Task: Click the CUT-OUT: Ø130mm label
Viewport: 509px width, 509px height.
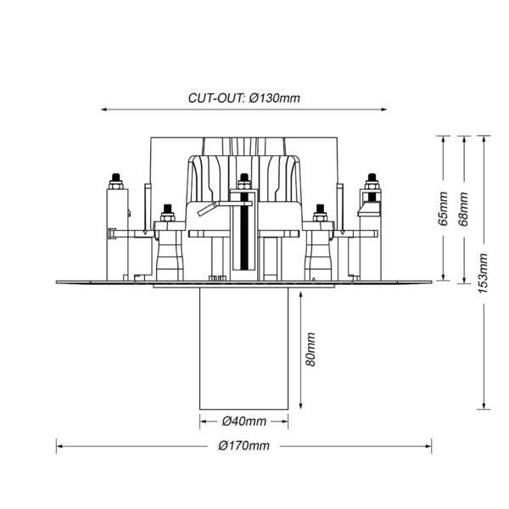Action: (x=244, y=98)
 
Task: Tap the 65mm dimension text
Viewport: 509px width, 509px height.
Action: (x=443, y=209)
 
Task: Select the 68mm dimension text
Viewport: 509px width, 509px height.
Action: (x=463, y=209)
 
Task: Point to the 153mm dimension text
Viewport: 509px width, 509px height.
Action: (x=483, y=273)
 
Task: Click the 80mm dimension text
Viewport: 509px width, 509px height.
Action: (x=310, y=350)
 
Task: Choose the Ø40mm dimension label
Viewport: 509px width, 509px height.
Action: (x=244, y=422)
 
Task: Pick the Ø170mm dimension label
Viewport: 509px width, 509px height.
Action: (x=243, y=445)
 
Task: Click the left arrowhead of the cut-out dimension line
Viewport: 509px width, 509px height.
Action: (x=103, y=109)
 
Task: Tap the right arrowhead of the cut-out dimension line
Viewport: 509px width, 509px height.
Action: (x=383, y=109)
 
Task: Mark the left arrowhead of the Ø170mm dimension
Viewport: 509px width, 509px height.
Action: (x=59, y=446)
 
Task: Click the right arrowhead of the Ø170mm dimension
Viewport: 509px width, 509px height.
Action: (x=428, y=446)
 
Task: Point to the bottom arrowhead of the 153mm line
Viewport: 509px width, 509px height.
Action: (x=484, y=406)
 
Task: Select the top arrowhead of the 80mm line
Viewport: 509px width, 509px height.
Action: (x=301, y=294)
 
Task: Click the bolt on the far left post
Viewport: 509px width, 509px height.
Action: (x=116, y=182)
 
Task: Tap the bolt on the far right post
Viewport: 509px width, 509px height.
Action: (x=372, y=182)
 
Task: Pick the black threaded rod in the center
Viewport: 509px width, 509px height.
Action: (x=244, y=231)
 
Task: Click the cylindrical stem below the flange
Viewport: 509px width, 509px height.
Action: (x=243, y=349)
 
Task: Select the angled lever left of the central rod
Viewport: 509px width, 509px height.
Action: (x=208, y=209)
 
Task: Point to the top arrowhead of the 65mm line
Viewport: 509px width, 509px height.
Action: (x=443, y=140)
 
